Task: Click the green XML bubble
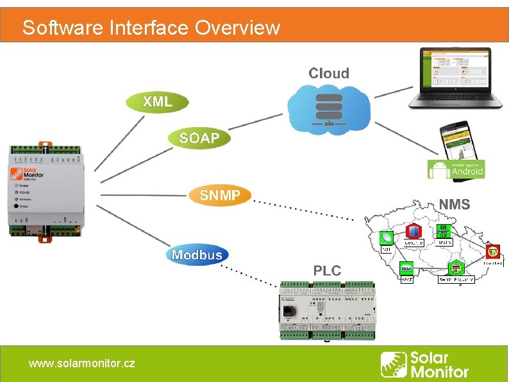158,101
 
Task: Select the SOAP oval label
199,138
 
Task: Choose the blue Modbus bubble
197,255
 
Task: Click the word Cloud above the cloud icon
329,73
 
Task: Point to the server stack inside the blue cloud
329,109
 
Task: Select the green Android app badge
456,169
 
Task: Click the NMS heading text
455,205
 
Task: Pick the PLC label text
327,270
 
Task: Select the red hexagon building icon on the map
413,231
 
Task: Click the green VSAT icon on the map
406,268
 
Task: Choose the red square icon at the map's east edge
492,251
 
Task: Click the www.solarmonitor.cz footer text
81,363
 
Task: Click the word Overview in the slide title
237,28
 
